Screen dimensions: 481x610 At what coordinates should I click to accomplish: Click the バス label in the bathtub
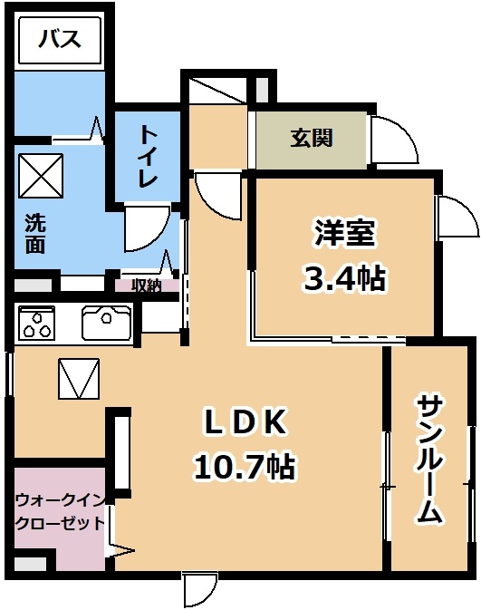pyautogui.click(x=60, y=39)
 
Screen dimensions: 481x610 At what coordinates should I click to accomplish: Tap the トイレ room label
pyautogui.click(x=149, y=156)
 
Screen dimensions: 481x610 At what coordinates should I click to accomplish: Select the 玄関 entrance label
pyautogui.click(x=312, y=138)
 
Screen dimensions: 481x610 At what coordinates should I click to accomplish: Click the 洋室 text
pyautogui.click(x=344, y=233)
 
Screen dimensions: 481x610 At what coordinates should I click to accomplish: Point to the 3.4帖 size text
pyautogui.click(x=344, y=277)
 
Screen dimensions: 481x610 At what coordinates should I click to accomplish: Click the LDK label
pyautogui.click(x=245, y=422)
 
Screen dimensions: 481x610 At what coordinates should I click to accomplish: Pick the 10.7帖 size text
pyautogui.click(x=244, y=466)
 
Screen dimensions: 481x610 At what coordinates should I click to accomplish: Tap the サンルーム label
pyautogui.click(x=430, y=459)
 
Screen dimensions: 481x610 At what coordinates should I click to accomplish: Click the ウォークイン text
pyautogui.click(x=61, y=500)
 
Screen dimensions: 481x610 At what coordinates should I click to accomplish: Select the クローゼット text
pyautogui.click(x=61, y=524)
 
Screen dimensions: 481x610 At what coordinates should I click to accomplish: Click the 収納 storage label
pyautogui.click(x=146, y=286)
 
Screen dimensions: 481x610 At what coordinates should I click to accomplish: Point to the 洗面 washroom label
pyautogui.click(x=35, y=233)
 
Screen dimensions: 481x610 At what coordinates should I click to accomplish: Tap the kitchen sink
pyautogui.click(x=106, y=323)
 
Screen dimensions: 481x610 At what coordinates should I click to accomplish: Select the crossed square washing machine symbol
pyautogui.click(x=41, y=176)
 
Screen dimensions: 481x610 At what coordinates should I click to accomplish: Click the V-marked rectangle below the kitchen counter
pyautogui.click(x=79, y=379)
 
